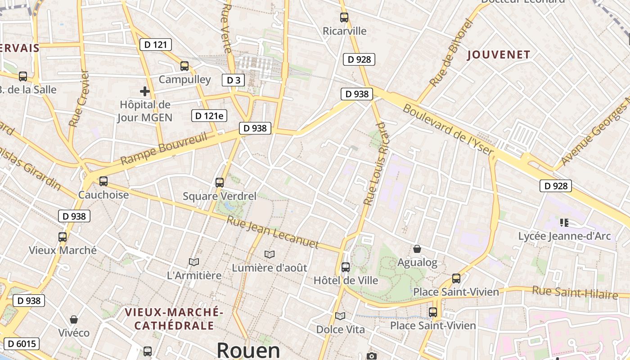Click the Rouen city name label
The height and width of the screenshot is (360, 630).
248,350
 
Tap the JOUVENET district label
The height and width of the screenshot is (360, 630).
499,55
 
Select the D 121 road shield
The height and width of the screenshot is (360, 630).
156,45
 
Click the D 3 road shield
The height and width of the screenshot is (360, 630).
233,80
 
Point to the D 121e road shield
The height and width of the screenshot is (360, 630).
209,116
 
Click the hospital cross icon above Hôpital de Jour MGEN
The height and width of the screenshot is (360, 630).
145,92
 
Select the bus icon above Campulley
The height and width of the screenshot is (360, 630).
184,66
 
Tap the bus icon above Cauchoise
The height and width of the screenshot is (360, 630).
103,181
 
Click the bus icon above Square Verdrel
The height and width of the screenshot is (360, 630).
220,182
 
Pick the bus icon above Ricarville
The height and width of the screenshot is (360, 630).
344,18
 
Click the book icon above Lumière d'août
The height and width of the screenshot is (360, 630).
270,254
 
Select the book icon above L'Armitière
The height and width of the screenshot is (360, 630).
194,262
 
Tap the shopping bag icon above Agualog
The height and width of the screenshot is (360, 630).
417,249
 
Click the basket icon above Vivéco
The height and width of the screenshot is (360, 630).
74,319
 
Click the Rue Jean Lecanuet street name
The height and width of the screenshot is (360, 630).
273,233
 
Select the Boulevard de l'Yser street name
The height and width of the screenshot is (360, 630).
448,129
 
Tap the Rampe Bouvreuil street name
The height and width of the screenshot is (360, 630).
164,148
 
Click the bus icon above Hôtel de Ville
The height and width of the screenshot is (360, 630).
346,267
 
